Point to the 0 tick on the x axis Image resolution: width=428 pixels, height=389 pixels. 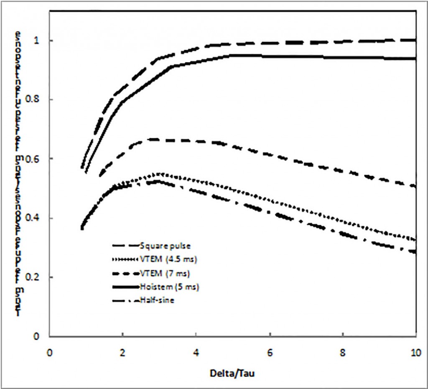[50, 353]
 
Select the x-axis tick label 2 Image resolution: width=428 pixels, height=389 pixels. [122, 353]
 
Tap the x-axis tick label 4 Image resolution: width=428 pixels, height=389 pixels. [196, 353]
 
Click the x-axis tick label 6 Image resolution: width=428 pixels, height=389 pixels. [270, 353]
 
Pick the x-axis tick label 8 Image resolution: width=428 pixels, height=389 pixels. [343, 353]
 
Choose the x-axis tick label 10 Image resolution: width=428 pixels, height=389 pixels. [415, 353]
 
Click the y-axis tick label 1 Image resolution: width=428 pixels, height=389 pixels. [38, 41]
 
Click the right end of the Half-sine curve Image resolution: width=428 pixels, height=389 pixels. [415, 252]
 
